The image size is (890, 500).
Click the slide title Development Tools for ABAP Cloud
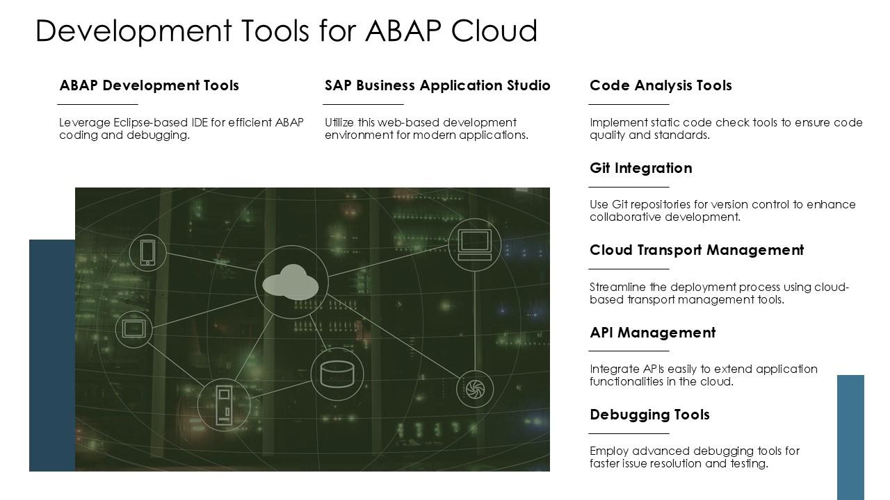pos(286,31)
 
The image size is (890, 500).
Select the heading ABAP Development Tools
pos(149,85)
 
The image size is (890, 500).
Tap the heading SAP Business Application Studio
pos(437,85)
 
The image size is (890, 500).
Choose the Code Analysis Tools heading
pos(661,85)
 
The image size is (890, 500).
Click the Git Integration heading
pos(640,168)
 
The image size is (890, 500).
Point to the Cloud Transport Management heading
pos(697,250)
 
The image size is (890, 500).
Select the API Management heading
pos(652,333)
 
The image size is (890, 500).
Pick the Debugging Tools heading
pos(649,415)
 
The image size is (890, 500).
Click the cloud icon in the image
pos(291,283)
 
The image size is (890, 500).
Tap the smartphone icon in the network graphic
pos(148,253)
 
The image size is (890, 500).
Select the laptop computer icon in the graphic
pos(475,245)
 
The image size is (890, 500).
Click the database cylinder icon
pos(337,374)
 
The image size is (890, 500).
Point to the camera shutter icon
pos(475,390)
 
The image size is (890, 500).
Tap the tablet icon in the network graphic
pos(133,329)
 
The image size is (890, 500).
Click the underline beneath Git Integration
pos(629,187)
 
